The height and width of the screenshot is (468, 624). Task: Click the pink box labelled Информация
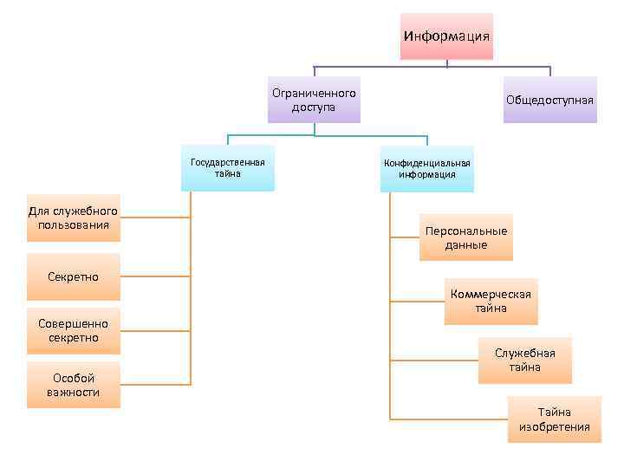click(x=446, y=36)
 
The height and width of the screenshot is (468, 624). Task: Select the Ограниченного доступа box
click(x=314, y=100)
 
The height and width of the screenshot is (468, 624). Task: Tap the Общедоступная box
click(x=550, y=100)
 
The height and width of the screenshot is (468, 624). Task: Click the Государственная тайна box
click(x=228, y=167)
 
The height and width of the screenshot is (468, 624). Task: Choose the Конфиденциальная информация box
click(x=427, y=168)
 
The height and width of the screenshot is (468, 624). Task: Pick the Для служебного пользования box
click(x=74, y=218)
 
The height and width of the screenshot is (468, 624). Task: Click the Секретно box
click(x=74, y=276)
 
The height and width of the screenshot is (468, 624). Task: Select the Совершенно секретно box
click(x=74, y=330)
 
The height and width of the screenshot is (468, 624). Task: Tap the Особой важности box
click(x=74, y=385)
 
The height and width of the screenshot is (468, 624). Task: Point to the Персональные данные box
click(x=466, y=237)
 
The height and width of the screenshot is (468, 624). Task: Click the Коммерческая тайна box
click(x=491, y=301)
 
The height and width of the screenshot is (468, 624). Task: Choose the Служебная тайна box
click(x=525, y=360)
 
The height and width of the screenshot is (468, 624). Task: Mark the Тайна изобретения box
click(x=555, y=419)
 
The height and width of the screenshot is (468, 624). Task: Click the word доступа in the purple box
click(x=314, y=107)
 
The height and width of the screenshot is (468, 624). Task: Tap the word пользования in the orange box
click(x=74, y=225)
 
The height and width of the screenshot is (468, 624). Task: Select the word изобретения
click(x=555, y=426)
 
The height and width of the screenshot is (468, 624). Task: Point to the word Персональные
click(x=466, y=231)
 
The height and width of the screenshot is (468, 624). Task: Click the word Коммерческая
click(x=491, y=294)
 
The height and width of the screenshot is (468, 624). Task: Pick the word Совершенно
click(x=74, y=323)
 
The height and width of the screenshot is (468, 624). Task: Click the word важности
click(x=74, y=392)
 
